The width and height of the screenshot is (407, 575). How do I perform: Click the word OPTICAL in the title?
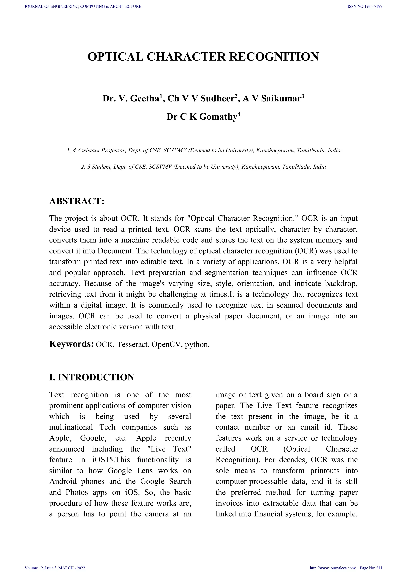pyautogui.click(x=115, y=57)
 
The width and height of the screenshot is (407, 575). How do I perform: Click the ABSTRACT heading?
pyautogui.click(x=77, y=201)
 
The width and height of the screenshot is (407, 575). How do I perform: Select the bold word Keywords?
pyautogui.click(x=71, y=344)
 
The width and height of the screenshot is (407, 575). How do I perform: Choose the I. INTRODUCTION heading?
pyautogui.click(x=92, y=377)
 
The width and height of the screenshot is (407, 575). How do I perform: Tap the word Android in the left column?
pyautogui.click(x=63, y=481)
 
